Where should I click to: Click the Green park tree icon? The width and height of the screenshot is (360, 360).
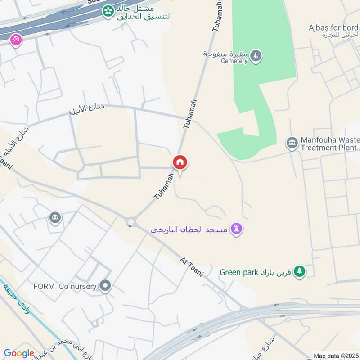299,271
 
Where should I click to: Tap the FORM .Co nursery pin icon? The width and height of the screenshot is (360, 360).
105,286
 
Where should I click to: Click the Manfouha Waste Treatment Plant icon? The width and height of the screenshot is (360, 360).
292,144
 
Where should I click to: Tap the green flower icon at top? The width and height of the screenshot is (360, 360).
108,11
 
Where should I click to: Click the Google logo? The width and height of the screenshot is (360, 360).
19,353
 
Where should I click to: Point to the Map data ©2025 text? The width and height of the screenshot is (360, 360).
335,356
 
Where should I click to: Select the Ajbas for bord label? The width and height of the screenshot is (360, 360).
333,28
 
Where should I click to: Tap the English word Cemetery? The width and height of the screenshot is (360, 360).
234,61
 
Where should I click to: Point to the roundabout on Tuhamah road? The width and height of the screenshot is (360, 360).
131,221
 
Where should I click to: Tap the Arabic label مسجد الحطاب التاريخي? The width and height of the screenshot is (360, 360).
189,229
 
